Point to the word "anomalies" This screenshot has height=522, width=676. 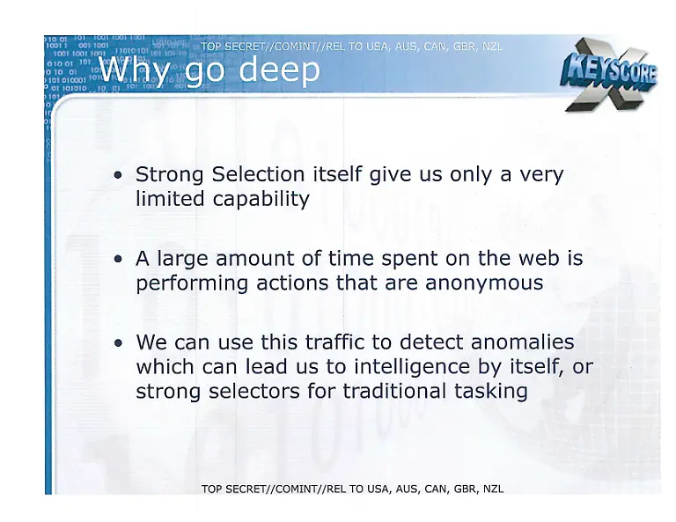pyautogui.click(x=520, y=342)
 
